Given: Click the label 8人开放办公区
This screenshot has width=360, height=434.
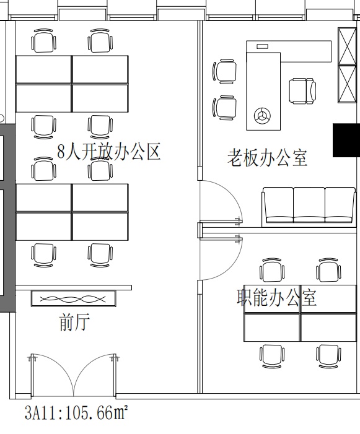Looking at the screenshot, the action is coord(109,152).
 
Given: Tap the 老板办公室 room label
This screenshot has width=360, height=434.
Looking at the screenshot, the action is coord(267,158).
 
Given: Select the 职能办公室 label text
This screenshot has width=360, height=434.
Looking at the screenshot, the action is coord(276,297).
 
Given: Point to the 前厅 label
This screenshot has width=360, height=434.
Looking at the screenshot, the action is coord(74,322).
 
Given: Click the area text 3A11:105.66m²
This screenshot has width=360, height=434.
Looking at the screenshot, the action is coord(76,412).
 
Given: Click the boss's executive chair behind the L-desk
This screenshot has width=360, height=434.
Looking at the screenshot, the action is coord(302,91).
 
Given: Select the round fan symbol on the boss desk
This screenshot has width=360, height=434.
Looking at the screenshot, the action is coord(262,116).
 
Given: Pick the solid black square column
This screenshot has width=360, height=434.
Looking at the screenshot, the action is coord(346,140).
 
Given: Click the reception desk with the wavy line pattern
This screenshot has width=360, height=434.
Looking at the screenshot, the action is coord(73,298).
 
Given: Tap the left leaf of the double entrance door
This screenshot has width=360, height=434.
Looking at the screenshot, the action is coord(52,374).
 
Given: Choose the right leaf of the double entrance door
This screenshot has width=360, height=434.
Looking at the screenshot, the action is coord(95,374).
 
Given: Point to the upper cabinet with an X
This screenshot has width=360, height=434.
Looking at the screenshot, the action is coord(347,46).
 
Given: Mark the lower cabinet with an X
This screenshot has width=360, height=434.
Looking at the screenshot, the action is coord(347,84).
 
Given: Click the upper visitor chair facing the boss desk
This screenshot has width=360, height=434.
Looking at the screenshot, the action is coord(224,71).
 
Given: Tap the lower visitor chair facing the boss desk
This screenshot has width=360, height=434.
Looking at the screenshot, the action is coord(224,108).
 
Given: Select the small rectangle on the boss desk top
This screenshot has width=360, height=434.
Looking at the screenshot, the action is coord(262,46).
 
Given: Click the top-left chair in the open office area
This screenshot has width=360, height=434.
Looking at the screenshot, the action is coord(44,41).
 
